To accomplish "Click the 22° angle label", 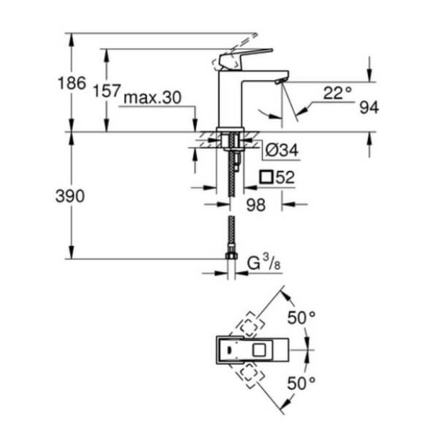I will point(337,93).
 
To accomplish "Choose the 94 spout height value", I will point(369,108).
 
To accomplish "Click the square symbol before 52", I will point(266,178).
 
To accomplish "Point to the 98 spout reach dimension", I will point(255,205).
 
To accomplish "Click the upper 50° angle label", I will point(301,318).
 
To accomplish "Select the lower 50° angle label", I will point(301,383).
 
